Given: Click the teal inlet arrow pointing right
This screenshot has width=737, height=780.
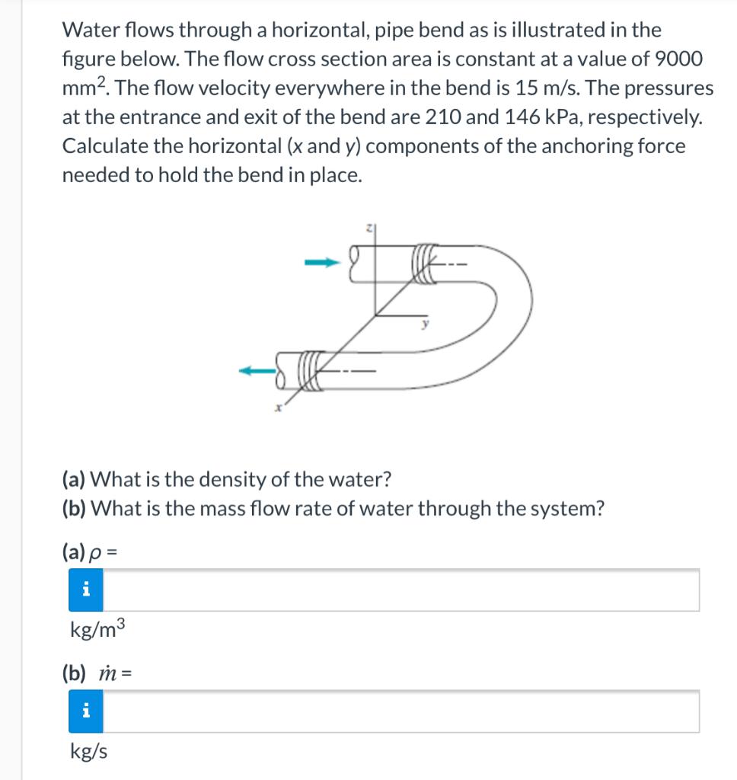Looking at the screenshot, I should click(x=321, y=264).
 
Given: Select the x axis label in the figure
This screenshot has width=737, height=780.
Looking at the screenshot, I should click(x=279, y=409).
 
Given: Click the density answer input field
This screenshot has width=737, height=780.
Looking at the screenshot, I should click(x=400, y=590).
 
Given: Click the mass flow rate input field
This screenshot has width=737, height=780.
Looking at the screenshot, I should click(x=400, y=711).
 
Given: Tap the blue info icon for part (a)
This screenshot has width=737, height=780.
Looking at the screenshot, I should click(x=86, y=590).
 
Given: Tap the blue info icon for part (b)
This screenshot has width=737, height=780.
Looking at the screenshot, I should click(x=86, y=711).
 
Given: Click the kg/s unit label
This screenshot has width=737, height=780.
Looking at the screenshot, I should click(x=88, y=752).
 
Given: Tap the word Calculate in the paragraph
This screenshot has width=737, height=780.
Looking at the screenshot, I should click(x=99, y=146).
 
